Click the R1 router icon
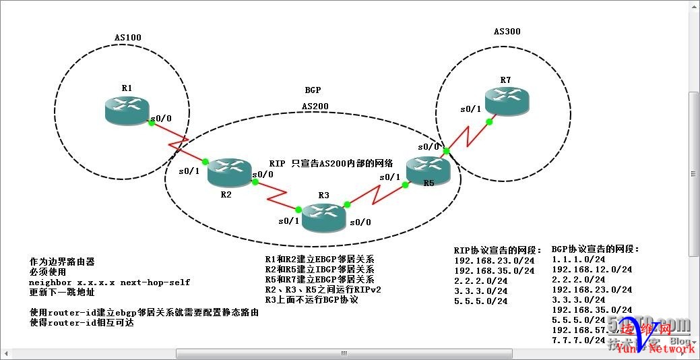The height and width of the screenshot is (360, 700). click(127, 110)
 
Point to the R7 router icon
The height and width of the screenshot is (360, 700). click(507, 100)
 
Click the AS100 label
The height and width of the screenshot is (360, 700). click(128, 38)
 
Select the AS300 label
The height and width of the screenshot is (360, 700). click(507, 32)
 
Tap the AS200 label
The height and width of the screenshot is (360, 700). click(315, 106)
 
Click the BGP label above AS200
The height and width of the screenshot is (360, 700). click(313, 90)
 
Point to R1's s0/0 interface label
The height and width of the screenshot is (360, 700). click(162, 119)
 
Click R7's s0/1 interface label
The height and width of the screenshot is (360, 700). click(471, 109)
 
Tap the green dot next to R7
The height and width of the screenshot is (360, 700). click(492, 122)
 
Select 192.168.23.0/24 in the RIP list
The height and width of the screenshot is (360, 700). click(494, 260)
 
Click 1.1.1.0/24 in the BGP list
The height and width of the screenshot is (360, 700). click(577, 259)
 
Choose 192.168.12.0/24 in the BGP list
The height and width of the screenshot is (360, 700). click(591, 269)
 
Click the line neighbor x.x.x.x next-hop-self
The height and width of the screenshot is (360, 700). click(109, 282)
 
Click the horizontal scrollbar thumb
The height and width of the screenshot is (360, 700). click(344, 353)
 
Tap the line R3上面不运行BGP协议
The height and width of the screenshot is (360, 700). click(311, 299)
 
